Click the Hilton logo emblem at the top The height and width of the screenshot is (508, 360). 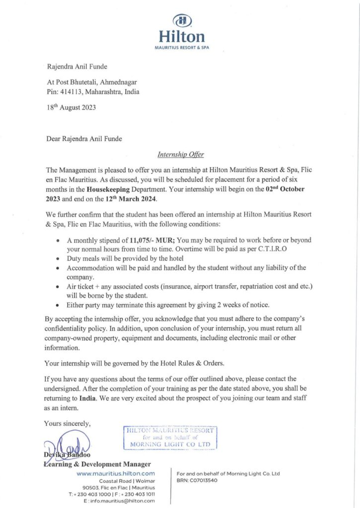(x=182, y=20)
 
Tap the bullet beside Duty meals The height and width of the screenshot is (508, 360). (x=59, y=259)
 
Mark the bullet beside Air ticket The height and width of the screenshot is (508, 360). (x=59, y=287)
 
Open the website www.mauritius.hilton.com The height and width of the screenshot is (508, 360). (x=116, y=474)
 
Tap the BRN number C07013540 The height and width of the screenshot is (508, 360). (x=206, y=480)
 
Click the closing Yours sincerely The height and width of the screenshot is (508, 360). (x=68, y=423)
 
